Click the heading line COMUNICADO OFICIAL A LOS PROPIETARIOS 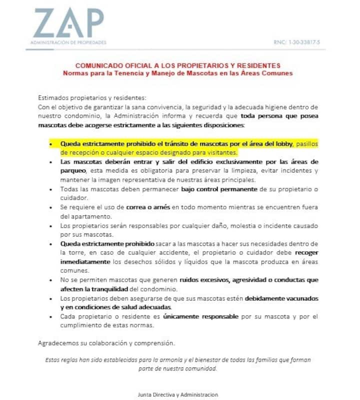click(177, 65)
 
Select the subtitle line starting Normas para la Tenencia click(177, 73)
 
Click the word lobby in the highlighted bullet click(280, 143)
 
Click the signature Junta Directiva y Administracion click(178, 394)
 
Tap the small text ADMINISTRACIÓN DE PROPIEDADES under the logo click(68, 43)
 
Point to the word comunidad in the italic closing click(201, 368)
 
